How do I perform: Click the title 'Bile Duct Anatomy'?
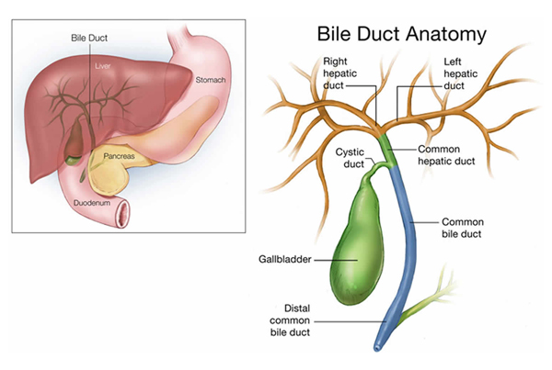[402, 35]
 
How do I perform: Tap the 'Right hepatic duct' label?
[339, 73]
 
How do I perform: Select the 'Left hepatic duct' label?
[461, 73]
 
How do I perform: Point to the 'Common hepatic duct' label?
[446, 155]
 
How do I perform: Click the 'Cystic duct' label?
[350, 158]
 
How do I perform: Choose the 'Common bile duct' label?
[463, 228]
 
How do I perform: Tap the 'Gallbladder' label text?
[285, 259]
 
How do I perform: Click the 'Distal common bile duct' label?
[290, 320]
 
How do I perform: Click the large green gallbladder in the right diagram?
[356, 246]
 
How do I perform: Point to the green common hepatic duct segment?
[389, 151]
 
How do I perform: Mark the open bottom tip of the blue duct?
[377, 348]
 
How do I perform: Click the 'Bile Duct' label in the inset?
[89, 38]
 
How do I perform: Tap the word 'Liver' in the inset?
[102, 66]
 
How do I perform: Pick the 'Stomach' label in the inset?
[211, 80]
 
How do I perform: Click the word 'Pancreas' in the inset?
[119, 156]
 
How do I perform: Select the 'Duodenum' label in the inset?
[92, 203]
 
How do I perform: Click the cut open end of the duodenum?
[123, 213]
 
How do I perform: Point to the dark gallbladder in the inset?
[74, 140]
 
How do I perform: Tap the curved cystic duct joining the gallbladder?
[376, 168]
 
